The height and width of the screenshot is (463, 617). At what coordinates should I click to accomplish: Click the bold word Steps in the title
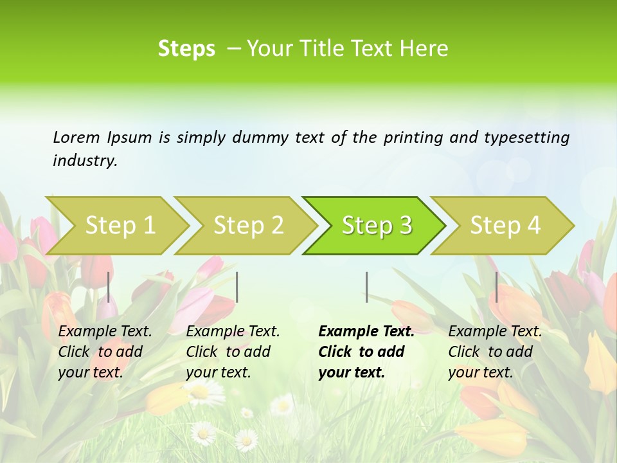[x=186, y=49]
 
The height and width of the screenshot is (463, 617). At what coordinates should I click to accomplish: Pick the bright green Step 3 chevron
[x=377, y=226]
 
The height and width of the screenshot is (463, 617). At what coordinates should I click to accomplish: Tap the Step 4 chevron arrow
[x=505, y=226]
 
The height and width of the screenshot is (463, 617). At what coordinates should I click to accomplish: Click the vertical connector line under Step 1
[x=109, y=287]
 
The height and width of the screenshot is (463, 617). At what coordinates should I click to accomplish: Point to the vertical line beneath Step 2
[x=237, y=287]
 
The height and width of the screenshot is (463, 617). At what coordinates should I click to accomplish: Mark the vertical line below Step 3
[x=366, y=287]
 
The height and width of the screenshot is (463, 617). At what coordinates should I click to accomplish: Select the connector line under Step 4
[x=496, y=287]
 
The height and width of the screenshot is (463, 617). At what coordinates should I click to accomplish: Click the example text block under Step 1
[x=105, y=352]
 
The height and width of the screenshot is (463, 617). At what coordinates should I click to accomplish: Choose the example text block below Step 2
[x=233, y=352]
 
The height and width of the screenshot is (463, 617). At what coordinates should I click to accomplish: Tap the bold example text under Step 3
[x=366, y=352]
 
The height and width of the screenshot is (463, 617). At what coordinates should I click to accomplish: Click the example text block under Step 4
[x=495, y=352]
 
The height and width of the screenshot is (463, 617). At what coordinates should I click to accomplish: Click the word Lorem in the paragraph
[x=76, y=138]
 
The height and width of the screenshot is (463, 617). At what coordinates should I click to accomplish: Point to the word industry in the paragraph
[x=85, y=161]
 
